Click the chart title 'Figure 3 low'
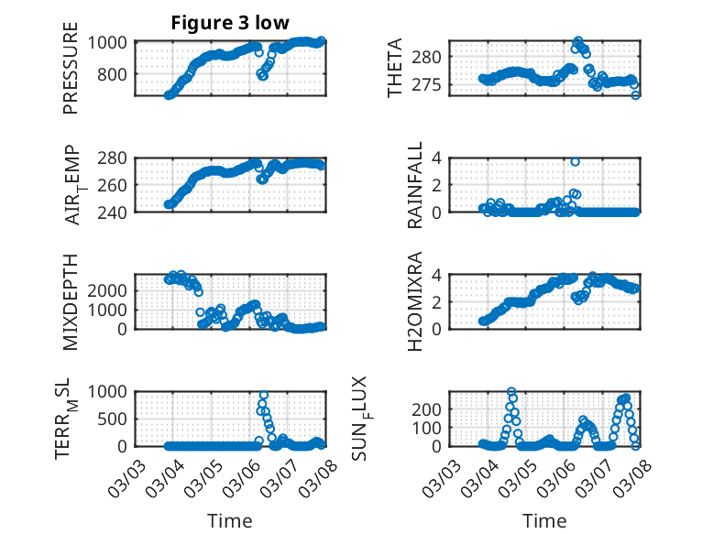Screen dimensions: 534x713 (x=230, y=23)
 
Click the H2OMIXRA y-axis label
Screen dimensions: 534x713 (x=415, y=300)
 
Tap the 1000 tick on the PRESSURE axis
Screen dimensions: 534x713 (x=112, y=42)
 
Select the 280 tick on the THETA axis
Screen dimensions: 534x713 (x=434, y=57)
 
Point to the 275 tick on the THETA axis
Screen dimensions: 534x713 (x=434, y=85)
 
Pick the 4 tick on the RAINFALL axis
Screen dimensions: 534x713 (x=439, y=158)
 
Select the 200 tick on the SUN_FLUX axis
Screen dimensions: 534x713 (x=431, y=408)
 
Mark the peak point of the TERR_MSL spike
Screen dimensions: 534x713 (x=264, y=395)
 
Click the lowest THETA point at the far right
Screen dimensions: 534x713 (x=636, y=95)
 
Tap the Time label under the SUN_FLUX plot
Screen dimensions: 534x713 (x=544, y=520)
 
